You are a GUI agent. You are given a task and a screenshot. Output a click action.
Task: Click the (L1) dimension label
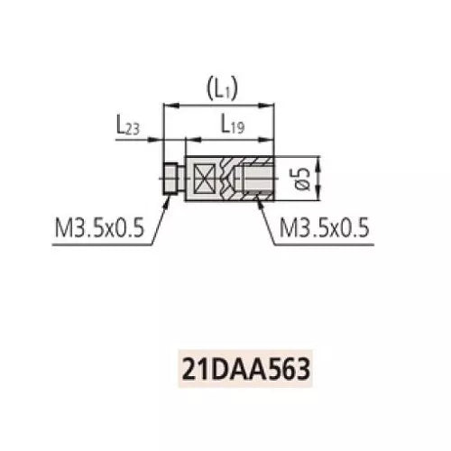[x=219, y=88]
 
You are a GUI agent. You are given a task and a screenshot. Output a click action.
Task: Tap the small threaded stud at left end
[x=170, y=178]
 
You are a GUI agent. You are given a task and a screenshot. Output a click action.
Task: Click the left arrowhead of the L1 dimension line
[x=167, y=105]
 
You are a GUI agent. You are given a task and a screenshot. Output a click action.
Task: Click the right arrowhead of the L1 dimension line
[x=273, y=105]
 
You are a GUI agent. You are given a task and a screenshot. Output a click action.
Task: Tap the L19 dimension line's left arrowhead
[x=188, y=141]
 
